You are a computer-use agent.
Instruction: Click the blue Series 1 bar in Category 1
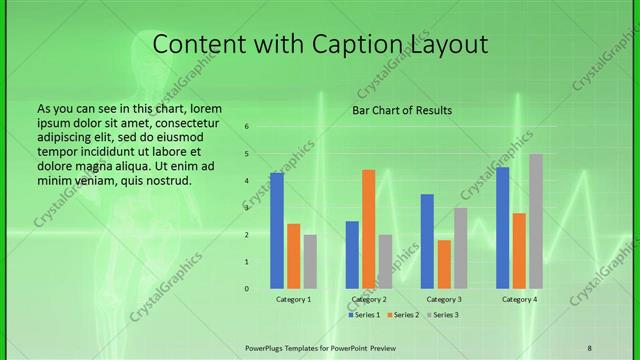click(x=277, y=230)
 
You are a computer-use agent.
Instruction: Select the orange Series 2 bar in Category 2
click(x=368, y=229)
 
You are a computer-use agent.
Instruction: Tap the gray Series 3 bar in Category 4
click(x=536, y=221)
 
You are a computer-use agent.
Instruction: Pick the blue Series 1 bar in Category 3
click(x=427, y=241)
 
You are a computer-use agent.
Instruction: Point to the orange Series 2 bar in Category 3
click(x=444, y=264)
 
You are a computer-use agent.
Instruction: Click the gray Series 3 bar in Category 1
click(x=310, y=261)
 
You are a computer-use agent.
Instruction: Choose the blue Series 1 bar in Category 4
click(x=502, y=227)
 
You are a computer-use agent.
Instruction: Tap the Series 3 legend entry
click(x=443, y=315)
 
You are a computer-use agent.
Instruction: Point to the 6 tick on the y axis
click(x=246, y=127)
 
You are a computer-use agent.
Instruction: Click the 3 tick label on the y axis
click(x=246, y=208)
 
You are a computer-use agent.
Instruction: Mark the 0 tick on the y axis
click(x=246, y=288)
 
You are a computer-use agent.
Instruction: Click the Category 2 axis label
click(x=369, y=299)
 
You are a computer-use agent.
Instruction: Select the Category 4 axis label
click(x=519, y=299)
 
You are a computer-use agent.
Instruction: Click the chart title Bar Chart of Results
click(x=402, y=110)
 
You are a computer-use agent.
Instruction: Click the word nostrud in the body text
click(x=168, y=180)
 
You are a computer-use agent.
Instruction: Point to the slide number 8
click(x=589, y=347)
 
